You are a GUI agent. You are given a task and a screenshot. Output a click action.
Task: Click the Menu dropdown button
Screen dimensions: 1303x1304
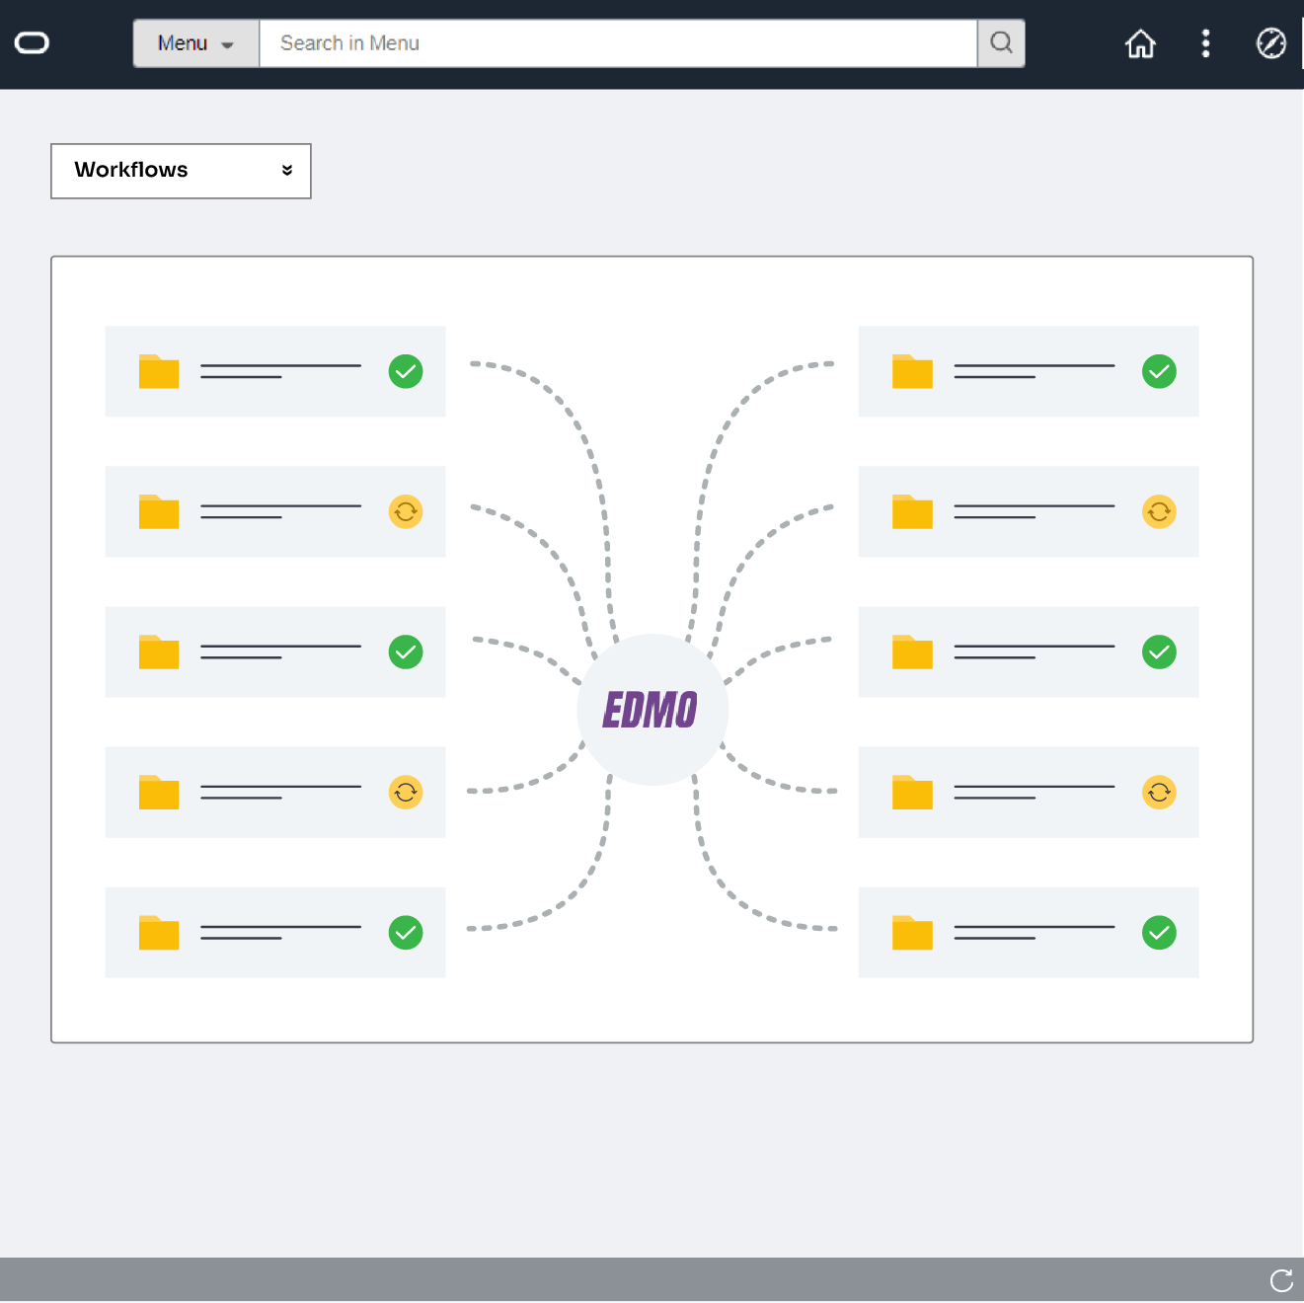195,43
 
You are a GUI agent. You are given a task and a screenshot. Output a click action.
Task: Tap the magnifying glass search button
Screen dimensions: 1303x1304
1001,43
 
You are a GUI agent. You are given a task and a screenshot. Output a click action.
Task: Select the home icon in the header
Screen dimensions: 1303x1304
1140,43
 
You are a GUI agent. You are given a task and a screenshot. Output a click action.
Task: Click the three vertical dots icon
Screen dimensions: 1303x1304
1205,43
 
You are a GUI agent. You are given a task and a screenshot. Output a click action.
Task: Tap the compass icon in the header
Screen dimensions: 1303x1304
1270,43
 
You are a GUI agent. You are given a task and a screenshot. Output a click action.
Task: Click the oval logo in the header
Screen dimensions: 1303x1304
32,43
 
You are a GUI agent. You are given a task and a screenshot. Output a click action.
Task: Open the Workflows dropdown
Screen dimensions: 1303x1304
181,171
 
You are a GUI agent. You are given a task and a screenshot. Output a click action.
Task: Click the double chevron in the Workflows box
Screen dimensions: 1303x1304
287,171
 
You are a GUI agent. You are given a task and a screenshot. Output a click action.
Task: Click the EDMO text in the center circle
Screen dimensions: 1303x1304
651,710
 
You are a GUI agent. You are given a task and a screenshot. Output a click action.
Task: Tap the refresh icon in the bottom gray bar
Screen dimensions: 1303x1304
1281,1280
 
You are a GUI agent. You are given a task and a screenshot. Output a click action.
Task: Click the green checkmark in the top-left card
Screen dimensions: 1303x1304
406,371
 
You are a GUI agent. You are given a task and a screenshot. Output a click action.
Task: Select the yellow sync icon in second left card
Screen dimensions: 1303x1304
406,511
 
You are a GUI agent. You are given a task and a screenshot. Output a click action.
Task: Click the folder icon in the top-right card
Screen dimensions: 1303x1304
912,372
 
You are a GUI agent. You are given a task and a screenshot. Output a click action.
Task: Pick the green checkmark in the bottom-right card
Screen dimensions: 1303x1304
1159,932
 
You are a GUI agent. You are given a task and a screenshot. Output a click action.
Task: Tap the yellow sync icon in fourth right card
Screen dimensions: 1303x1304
1159,792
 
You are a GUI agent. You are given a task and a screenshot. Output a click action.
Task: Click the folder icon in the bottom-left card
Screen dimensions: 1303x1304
159,933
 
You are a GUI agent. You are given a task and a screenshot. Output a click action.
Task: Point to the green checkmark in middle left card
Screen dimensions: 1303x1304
406,651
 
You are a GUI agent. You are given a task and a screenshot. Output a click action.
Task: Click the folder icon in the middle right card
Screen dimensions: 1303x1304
912,652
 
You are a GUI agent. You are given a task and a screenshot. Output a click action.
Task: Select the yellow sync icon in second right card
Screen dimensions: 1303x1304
1159,511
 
